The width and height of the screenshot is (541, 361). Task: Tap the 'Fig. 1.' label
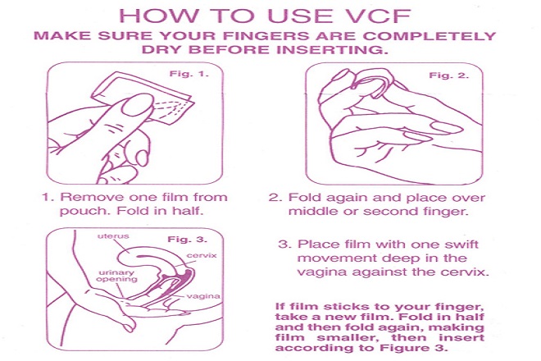pyautogui.click(x=189, y=74)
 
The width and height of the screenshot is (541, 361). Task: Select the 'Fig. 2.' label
pyautogui.click(x=448, y=75)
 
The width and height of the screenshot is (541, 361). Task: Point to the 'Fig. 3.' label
pyautogui.click(x=188, y=240)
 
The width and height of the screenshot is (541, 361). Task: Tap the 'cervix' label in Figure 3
pyautogui.click(x=202, y=256)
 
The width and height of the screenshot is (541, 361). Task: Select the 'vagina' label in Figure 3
pyautogui.click(x=203, y=296)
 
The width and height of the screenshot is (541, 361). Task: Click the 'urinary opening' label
pyautogui.click(x=116, y=276)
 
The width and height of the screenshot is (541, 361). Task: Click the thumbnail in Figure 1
pyautogui.click(x=138, y=104)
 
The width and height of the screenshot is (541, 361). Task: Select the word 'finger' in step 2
pyautogui.click(x=448, y=211)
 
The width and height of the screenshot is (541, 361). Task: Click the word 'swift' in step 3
pyautogui.click(x=461, y=244)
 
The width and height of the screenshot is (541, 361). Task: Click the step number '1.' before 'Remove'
pyautogui.click(x=48, y=197)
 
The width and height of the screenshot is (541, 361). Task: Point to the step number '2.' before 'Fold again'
pyautogui.click(x=275, y=197)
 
